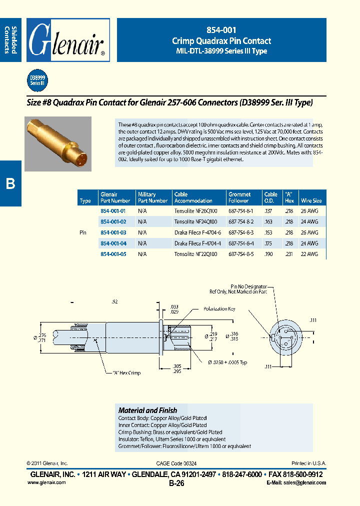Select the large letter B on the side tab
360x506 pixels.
tap(10, 183)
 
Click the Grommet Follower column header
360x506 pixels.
tap(239, 197)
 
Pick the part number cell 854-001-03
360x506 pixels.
tap(113, 232)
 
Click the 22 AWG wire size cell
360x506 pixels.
tap(309, 254)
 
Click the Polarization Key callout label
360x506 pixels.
tap(219, 309)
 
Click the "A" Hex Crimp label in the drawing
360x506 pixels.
tap(122, 373)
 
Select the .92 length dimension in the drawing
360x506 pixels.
tap(115, 301)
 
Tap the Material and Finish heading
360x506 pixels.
tap(147, 410)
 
